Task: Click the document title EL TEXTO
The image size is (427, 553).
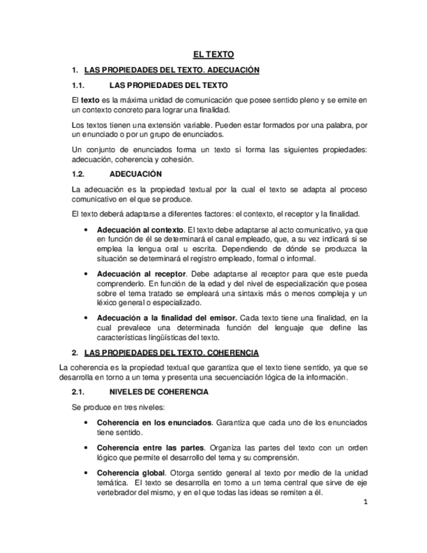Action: [x=213, y=55]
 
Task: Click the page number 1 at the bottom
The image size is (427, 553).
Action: [x=366, y=502]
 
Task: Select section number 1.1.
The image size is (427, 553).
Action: [x=79, y=85]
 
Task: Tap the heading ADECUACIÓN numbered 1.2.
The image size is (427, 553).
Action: [x=136, y=175]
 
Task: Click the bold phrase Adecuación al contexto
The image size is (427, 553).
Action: [x=140, y=230]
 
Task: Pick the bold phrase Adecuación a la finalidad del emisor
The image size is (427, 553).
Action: [x=166, y=318]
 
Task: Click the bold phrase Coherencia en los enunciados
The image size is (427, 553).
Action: [x=155, y=423]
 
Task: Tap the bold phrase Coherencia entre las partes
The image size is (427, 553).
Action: [x=151, y=447]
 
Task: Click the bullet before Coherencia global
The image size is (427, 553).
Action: [x=87, y=472]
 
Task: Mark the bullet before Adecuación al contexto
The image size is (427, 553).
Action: [x=87, y=230]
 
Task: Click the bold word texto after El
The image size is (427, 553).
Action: [x=89, y=100]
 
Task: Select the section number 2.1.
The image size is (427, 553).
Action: [x=79, y=392]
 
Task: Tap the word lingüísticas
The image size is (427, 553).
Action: [x=160, y=337]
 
